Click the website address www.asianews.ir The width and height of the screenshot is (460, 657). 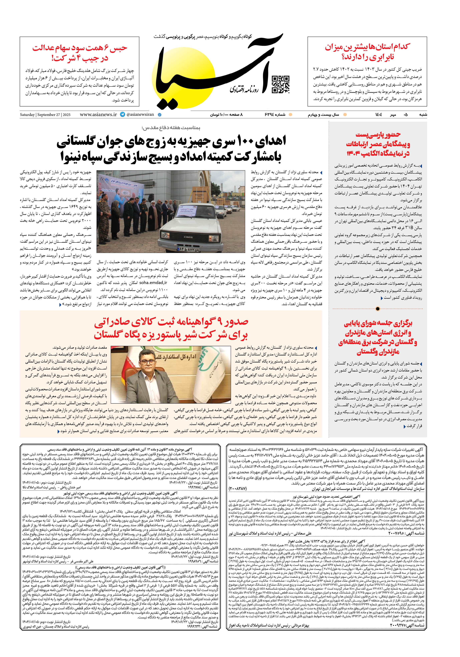(98, 114)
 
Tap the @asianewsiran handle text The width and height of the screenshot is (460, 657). (140, 114)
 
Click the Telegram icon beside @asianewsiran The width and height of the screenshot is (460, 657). (123, 114)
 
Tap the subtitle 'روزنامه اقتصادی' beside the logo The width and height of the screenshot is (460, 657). (244, 90)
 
